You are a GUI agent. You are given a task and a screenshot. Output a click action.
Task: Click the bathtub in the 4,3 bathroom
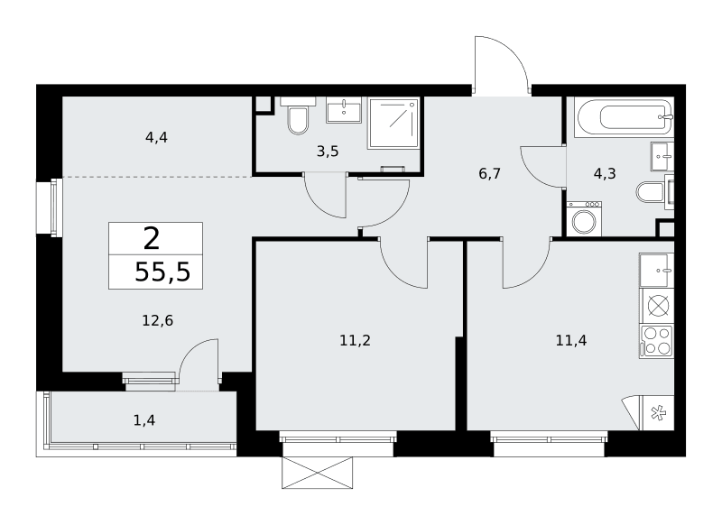click(x=625, y=117)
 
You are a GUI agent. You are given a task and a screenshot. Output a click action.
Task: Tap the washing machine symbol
click(x=584, y=219)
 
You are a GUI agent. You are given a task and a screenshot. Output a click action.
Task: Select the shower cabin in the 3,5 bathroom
click(x=393, y=124)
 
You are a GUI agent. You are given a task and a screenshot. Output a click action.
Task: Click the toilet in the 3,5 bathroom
click(x=298, y=115)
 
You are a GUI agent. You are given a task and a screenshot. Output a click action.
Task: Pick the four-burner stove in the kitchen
click(x=657, y=341)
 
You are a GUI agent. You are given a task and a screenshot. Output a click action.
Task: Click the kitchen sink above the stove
click(x=657, y=270)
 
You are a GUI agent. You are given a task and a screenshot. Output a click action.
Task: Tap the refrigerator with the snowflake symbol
click(x=658, y=413)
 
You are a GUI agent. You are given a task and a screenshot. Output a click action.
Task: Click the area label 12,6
click(x=157, y=320)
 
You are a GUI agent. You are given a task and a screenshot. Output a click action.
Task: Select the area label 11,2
click(x=355, y=340)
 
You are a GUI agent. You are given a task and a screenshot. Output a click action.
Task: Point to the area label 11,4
click(x=571, y=340)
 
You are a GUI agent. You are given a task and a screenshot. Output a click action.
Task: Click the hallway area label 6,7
click(x=489, y=173)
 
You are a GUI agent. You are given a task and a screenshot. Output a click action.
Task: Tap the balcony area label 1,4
click(x=144, y=420)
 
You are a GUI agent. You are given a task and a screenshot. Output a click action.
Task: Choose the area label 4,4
click(x=156, y=137)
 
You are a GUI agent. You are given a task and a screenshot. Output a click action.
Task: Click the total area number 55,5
click(x=162, y=272)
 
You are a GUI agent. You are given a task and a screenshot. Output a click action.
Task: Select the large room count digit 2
click(x=152, y=238)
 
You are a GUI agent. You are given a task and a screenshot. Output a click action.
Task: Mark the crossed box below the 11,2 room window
click(x=318, y=473)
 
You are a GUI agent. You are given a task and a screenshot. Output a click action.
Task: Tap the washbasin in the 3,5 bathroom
click(x=344, y=113)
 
